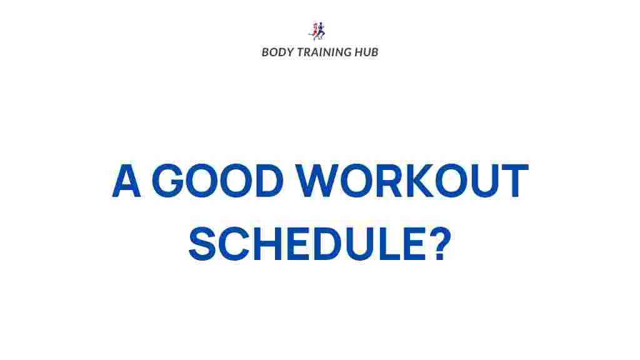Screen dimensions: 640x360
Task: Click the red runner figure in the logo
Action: click(314, 31)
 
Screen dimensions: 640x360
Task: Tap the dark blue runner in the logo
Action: click(321, 31)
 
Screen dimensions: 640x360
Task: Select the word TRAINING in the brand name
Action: click(324, 52)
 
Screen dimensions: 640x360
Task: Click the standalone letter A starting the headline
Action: click(126, 181)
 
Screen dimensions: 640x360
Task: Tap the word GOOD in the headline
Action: click(217, 181)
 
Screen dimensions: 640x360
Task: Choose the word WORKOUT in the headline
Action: click(412, 181)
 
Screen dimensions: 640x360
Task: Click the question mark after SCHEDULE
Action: click(441, 244)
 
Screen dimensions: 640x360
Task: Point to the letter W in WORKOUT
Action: click(317, 181)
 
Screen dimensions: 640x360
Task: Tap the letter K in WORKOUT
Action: click(418, 181)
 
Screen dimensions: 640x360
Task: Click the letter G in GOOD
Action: click(167, 181)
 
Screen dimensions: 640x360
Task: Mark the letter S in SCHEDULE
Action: click(202, 244)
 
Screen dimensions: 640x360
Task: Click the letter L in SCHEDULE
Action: click(388, 244)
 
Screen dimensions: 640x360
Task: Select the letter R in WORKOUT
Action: click(388, 181)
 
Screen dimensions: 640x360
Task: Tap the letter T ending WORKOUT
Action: click(515, 181)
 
